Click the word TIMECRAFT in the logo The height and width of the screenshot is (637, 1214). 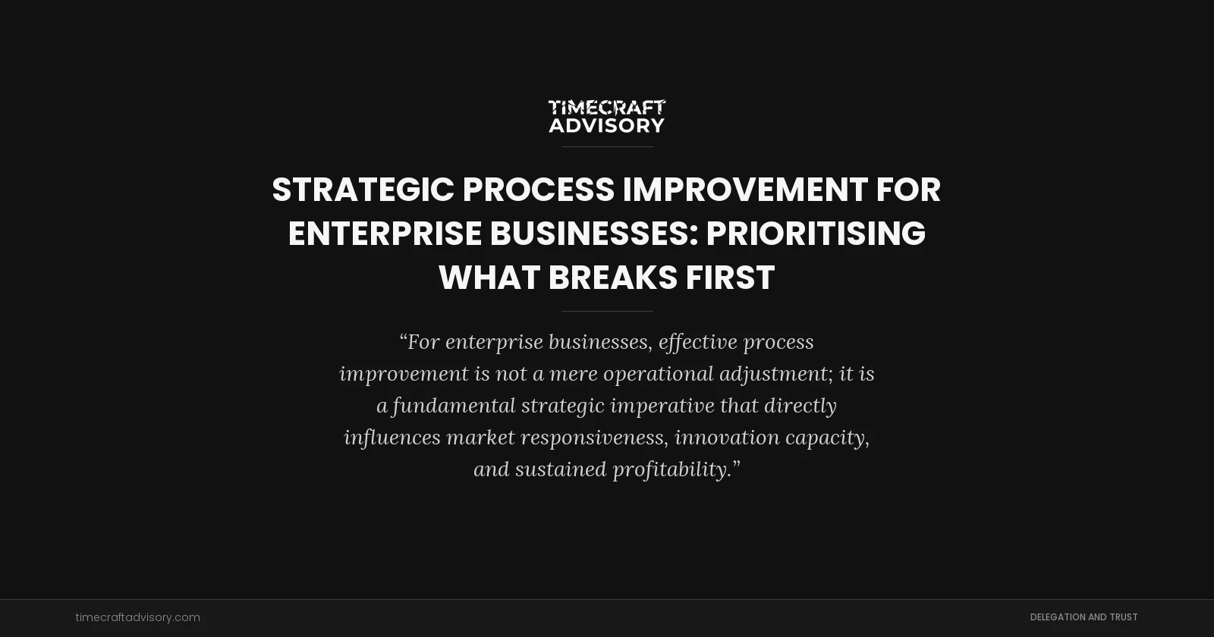(606, 108)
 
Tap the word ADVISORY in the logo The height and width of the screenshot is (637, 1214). (606, 125)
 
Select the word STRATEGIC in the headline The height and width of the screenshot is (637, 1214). (363, 190)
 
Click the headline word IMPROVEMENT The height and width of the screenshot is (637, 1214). (744, 190)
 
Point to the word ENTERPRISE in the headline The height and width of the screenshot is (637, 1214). (385, 234)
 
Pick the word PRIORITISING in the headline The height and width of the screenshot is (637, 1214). (816, 234)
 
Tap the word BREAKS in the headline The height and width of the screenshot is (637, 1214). (612, 278)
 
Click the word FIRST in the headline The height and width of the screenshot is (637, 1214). (730, 278)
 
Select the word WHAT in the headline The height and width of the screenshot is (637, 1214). (489, 278)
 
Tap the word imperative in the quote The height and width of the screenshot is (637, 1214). (662, 406)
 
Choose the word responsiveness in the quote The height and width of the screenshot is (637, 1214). (594, 438)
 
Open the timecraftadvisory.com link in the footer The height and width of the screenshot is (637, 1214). (137, 617)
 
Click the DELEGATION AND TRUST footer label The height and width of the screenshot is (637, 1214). (1083, 617)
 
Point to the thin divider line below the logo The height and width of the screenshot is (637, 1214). (607, 146)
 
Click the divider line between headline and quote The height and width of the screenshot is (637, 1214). (607, 311)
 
